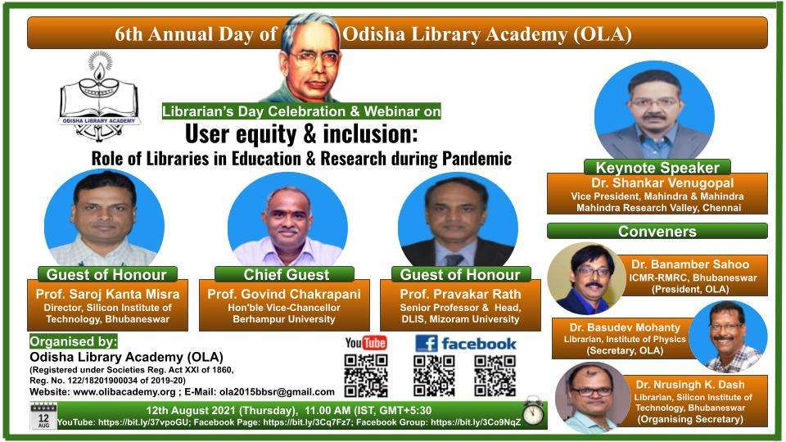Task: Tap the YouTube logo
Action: click(366, 343)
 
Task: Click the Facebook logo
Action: click(466, 343)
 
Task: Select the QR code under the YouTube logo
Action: click(366, 376)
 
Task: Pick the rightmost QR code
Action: click(495, 376)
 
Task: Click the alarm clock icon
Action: click(532, 410)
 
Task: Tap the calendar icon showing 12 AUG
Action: click(43, 416)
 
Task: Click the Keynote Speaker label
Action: click(657, 167)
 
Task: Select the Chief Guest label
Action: click(286, 274)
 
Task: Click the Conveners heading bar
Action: click(657, 231)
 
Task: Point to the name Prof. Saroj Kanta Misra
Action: click(107, 294)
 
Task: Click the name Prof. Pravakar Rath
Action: click(460, 294)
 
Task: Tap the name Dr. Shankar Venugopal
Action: click(662, 183)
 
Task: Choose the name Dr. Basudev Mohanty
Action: click(625, 327)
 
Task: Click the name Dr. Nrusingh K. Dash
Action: click(690, 385)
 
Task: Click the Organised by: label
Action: click(73, 341)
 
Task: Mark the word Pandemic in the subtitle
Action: click(477, 158)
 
